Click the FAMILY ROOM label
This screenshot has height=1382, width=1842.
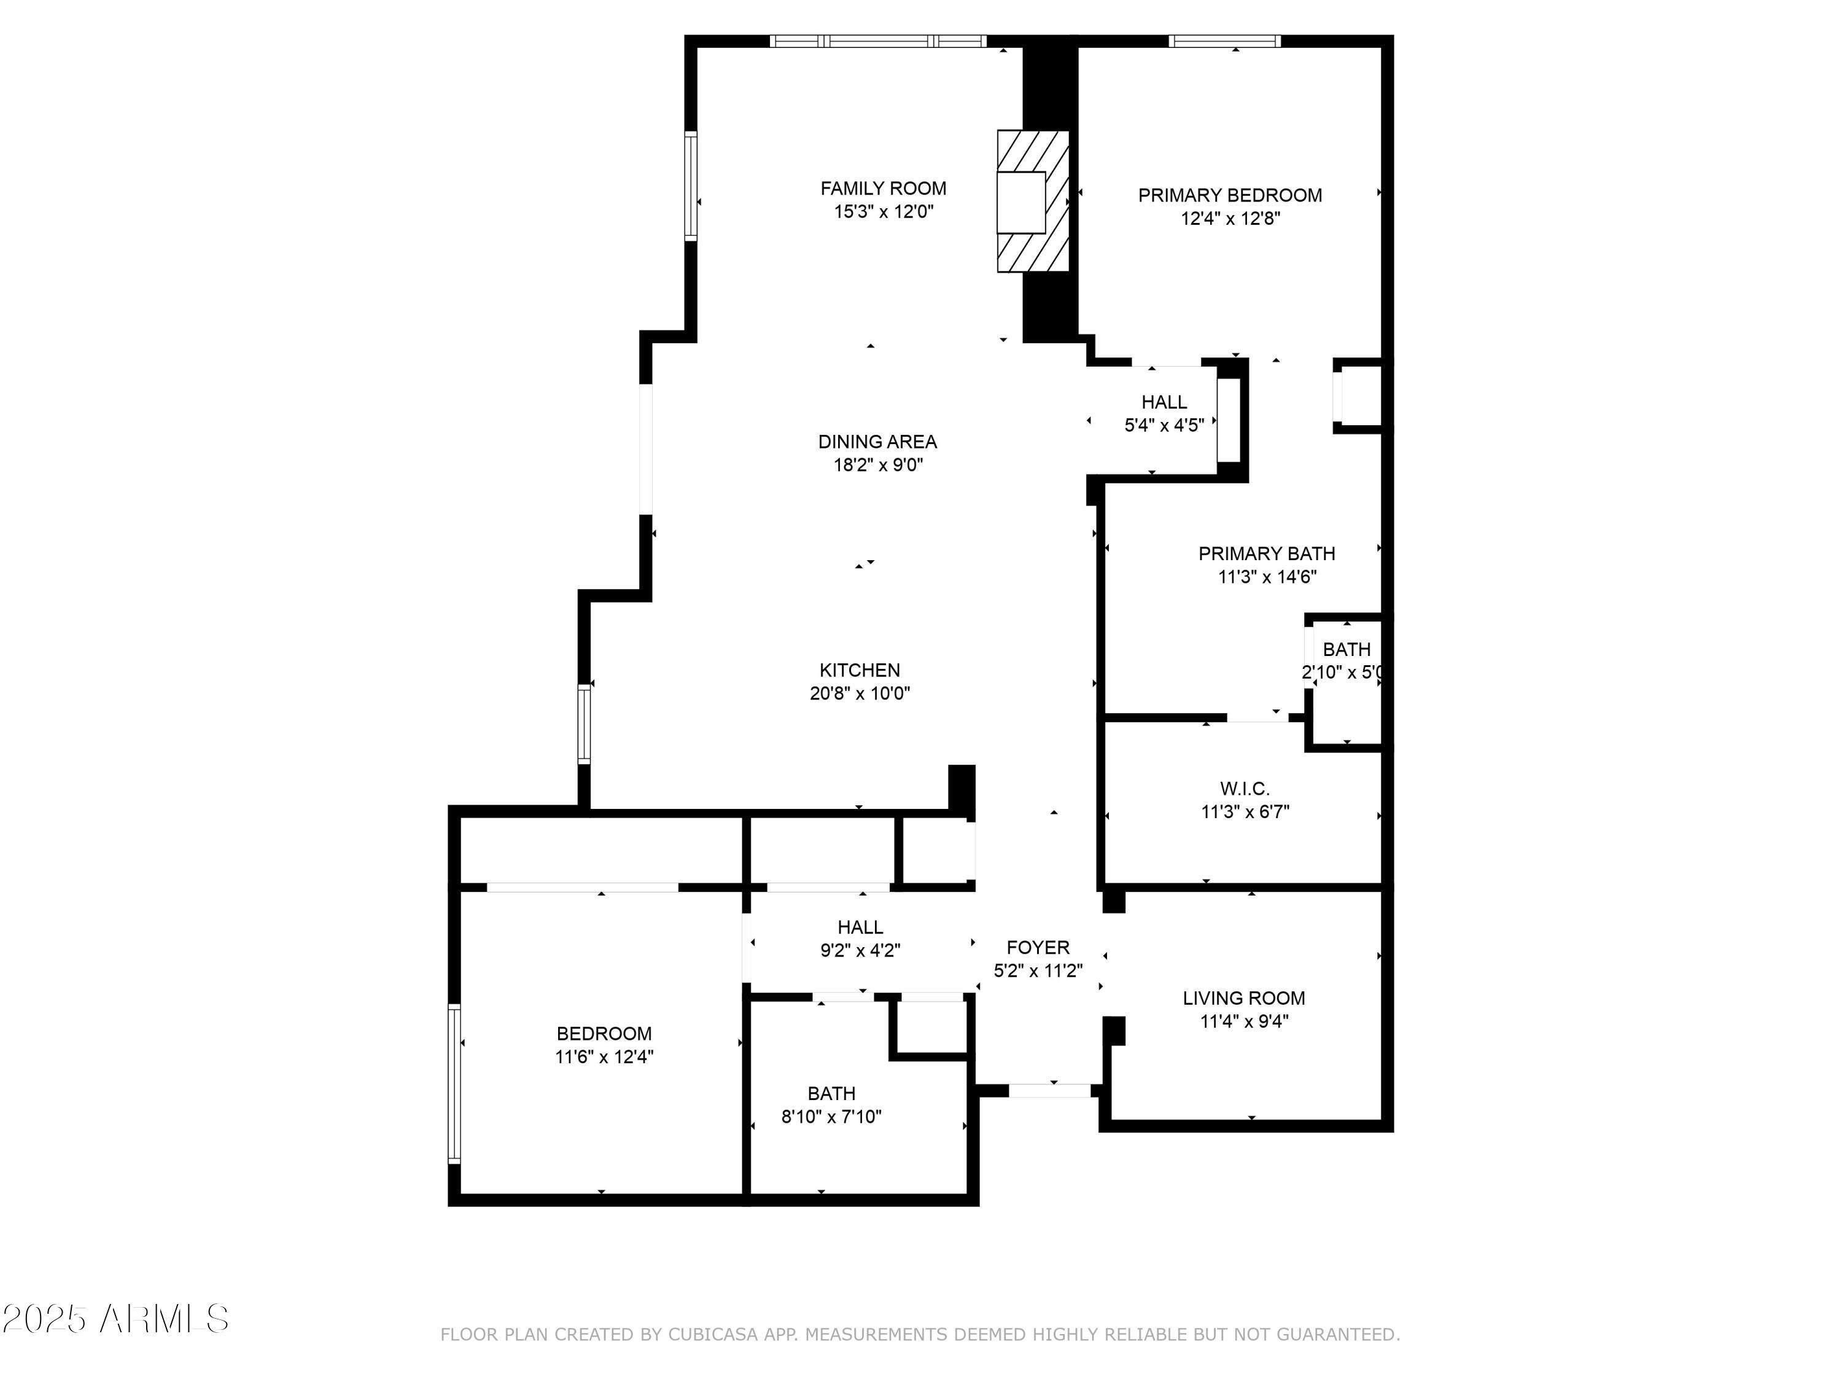pos(883,189)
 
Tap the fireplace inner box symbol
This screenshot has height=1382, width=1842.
pos(1021,203)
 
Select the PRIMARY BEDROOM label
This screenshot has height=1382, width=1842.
pos(1229,195)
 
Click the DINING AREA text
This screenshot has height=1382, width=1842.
pos(877,442)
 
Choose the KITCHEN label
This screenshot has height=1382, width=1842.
pos(860,670)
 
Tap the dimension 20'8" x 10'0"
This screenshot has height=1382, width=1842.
pos(860,693)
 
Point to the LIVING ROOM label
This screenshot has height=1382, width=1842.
pos(1243,998)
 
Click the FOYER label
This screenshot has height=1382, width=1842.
pos(1038,947)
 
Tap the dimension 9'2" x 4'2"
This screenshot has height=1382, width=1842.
pos(860,950)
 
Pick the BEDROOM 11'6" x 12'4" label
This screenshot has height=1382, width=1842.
pos(604,1034)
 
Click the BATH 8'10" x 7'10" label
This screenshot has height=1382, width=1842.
pos(831,1093)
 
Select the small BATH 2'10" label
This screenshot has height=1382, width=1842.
pos(1346,649)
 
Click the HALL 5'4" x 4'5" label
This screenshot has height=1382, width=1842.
pos(1164,402)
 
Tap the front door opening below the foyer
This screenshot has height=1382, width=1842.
pos(1049,1090)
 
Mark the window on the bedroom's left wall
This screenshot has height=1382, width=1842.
pos(454,1083)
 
